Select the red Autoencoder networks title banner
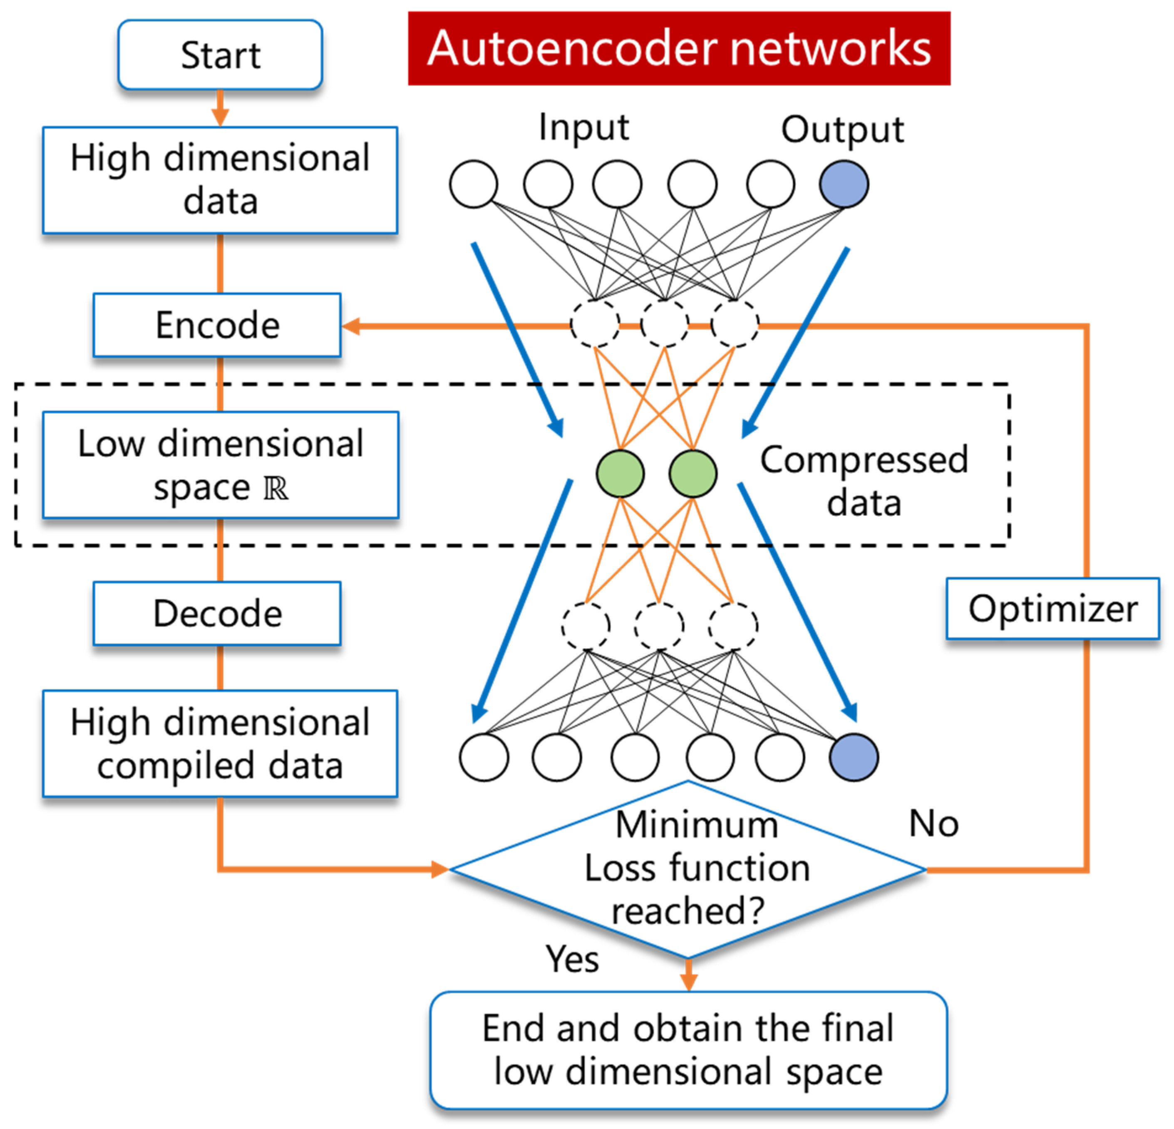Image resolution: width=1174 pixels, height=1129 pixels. pyautogui.click(x=679, y=49)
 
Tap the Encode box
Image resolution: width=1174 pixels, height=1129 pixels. pyautogui.click(x=217, y=326)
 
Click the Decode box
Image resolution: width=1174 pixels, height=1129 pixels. pyautogui.click(x=217, y=614)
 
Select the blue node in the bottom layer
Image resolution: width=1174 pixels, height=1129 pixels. pyautogui.click(x=854, y=758)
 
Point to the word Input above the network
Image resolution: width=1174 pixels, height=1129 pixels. pyautogui.click(x=583, y=128)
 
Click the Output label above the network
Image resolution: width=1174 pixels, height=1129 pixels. pyautogui.click(x=842, y=129)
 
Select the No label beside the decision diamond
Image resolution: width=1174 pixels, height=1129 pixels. pyautogui.click(x=933, y=823)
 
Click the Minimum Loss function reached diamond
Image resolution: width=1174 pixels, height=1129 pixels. pyautogui.click(x=688, y=869)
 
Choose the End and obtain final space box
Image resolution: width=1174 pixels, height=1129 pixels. pyautogui.click(x=688, y=1050)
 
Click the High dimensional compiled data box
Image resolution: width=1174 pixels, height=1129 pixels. pyautogui.click(x=220, y=744)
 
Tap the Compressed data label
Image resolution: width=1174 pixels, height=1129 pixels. pyautogui.click(x=864, y=480)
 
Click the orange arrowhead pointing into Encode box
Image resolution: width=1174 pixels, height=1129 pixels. pyautogui.click(x=350, y=327)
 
